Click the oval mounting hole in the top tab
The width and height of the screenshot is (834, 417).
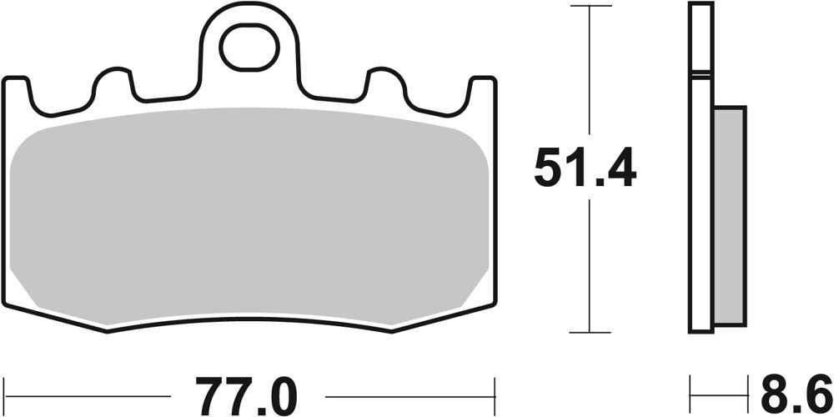coord(248,48)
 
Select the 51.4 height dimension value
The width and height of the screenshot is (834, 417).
coord(585,170)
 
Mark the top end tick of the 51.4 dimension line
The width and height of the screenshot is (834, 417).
coord(590,7)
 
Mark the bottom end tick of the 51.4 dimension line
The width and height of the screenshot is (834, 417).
coord(590,333)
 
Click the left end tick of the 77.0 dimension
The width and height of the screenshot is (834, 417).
coord(4,393)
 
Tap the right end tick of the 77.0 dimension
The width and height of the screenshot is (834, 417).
coord(495,393)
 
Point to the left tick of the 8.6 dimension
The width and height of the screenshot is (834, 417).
coord(691,393)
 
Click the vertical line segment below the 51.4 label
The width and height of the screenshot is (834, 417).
coord(590,267)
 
